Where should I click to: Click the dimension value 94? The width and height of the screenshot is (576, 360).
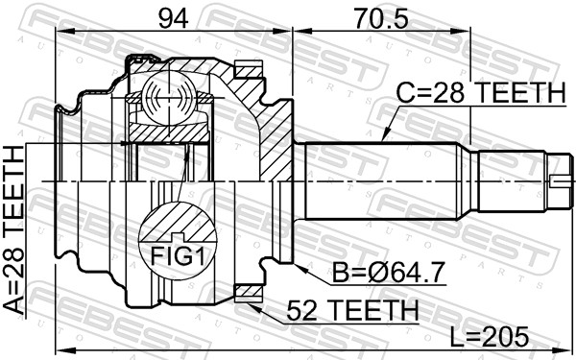coord(173,18)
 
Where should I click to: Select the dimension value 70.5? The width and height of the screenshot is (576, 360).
coord(380,18)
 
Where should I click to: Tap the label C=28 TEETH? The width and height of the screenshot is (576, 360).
coord(481,92)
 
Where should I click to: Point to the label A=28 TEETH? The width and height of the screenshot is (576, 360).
coord(14,230)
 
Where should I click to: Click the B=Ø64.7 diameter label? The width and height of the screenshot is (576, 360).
coord(389,273)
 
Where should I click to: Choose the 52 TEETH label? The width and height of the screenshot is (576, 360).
coord(352,310)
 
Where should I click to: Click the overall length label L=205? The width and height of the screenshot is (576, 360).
coord(490,337)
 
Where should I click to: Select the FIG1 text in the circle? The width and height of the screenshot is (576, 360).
coord(178,256)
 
